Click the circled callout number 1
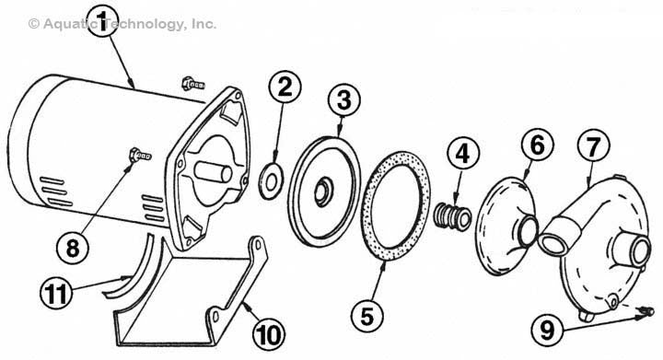(102, 20)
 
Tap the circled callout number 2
(285, 87)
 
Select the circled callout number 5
(367, 315)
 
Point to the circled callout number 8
(73, 248)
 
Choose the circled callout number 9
(548, 329)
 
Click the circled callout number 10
(269, 335)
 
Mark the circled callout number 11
(56, 293)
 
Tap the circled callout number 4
(462, 153)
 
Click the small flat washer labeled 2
(271, 181)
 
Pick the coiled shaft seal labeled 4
(453, 215)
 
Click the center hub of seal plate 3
(323, 192)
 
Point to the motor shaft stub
(213, 172)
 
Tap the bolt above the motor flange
(192, 83)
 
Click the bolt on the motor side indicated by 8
(140, 155)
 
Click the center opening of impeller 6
(528, 231)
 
